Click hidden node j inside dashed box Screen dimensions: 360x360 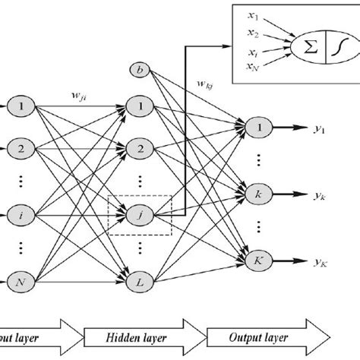pyautogui.click(x=140, y=216)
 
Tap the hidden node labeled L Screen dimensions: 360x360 pyautogui.click(x=140, y=282)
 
